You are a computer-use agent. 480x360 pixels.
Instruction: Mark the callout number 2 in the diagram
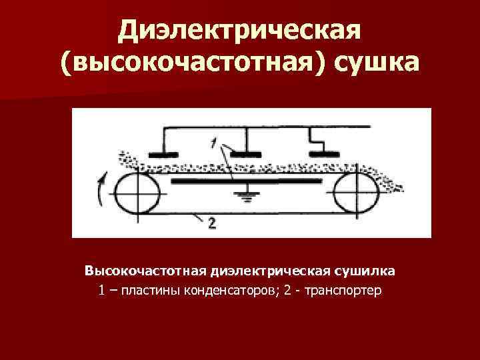(x=212, y=225)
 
